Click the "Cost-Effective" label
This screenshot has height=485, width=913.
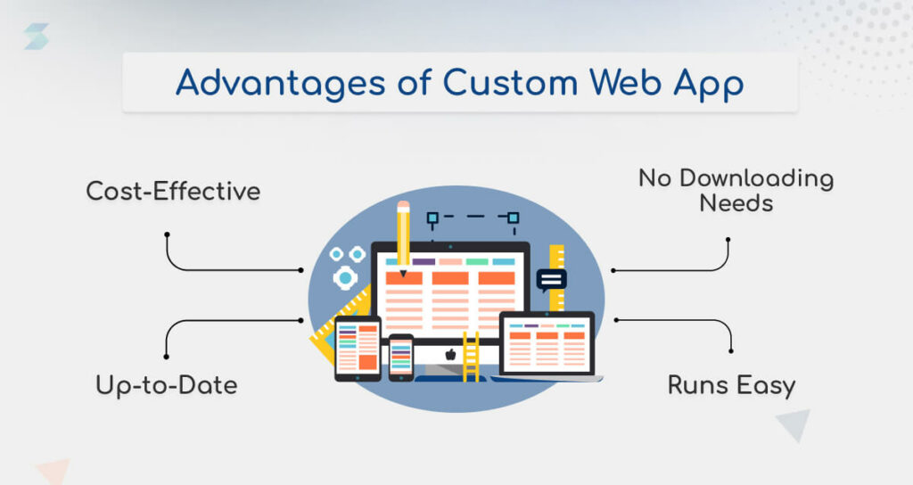[173, 191]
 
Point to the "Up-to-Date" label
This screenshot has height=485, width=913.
[167, 385]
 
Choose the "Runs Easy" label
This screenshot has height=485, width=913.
[731, 385]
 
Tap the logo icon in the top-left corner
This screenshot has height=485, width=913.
[37, 37]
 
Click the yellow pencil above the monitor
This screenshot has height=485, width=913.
[403, 236]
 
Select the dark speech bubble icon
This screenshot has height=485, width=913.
[552, 279]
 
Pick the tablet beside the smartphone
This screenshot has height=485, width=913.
[358, 348]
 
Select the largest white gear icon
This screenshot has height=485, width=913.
[344, 278]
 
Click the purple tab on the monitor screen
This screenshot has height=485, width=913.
[424, 262]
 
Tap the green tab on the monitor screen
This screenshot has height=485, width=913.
[477, 262]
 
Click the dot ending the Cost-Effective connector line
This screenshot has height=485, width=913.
[167, 234]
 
